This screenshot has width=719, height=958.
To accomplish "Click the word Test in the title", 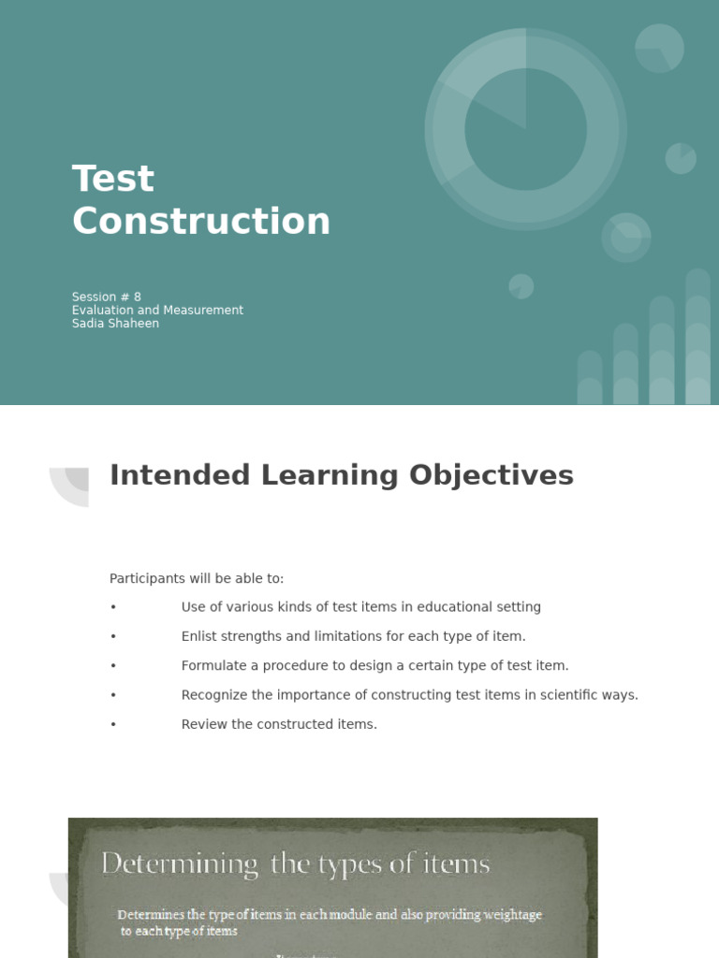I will click(113, 179).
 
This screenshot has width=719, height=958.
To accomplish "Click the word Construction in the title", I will click(201, 222).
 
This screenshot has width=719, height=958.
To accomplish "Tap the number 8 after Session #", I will click(137, 297).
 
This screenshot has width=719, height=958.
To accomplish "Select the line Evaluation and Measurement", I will click(157, 310).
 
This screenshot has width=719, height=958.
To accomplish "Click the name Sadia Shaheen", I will click(115, 324).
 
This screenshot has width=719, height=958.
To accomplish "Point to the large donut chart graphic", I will click(525, 129).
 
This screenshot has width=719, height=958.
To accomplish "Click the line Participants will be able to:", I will click(197, 579).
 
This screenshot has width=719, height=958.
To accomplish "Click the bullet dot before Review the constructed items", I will click(113, 724).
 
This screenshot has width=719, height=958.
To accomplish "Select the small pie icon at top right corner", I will click(659, 48).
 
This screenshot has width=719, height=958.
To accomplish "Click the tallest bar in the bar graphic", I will click(697, 337).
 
